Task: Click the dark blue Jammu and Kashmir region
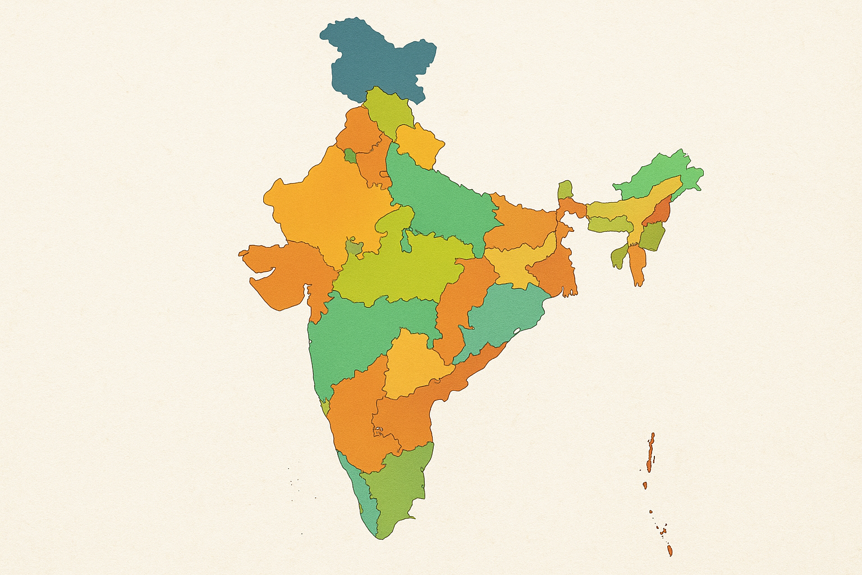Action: [376, 56]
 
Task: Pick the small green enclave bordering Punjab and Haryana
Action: [350, 155]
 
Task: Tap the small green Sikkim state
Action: [566, 189]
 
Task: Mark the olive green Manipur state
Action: [651, 236]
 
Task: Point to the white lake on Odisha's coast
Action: [517, 331]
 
